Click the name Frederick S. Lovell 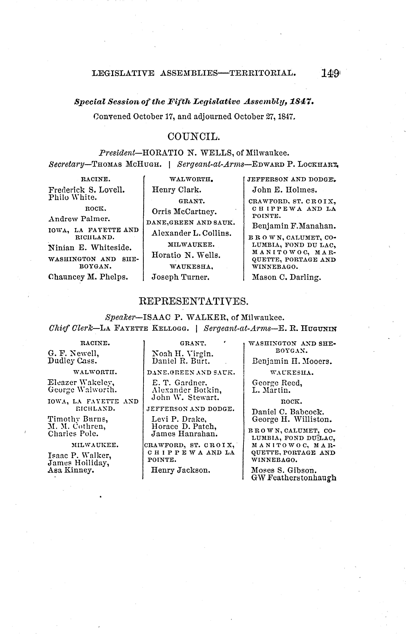(87, 190)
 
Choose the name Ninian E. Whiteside (90, 248)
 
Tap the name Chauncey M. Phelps (88, 277)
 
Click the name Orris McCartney (184, 211)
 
